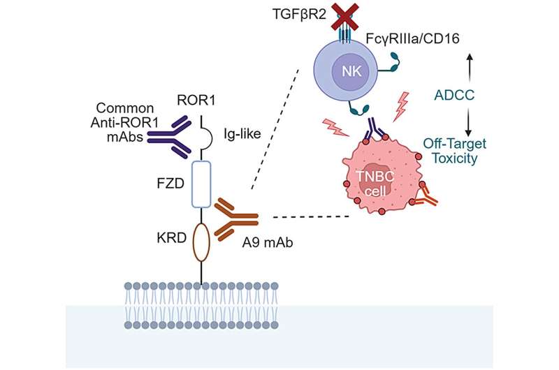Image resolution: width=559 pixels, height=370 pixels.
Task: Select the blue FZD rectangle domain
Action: point(201,184)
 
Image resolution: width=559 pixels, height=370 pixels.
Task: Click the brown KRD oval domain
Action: point(201,242)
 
